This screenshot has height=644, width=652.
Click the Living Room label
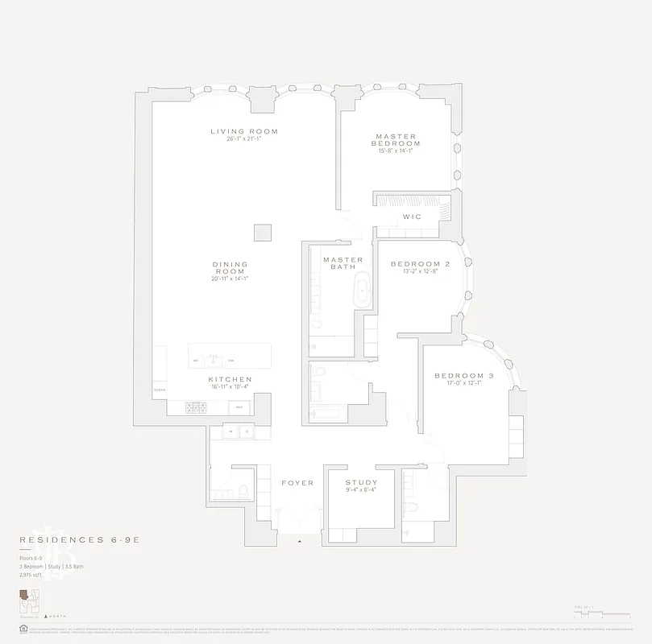click(244, 131)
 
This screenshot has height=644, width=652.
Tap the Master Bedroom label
click(396, 140)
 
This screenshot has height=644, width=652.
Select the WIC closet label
click(411, 217)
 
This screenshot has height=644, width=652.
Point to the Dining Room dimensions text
click(230, 279)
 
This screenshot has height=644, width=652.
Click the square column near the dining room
click(263, 232)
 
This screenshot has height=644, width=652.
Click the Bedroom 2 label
click(420, 264)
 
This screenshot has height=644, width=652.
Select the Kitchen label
click(230, 379)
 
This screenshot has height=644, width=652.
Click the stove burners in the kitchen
click(197, 407)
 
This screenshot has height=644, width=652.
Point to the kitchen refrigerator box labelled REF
click(239, 408)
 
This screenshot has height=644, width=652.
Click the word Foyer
click(297, 483)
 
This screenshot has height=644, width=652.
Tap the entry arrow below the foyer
click(300, 542)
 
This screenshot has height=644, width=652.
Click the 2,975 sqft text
click(31, 576)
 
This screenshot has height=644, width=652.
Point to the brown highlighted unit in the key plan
click(26, 595)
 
